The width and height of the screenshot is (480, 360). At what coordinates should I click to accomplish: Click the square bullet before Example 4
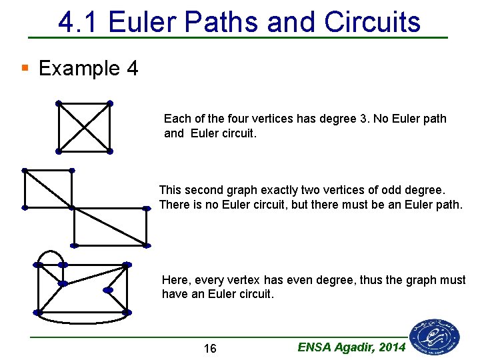[x=25, y=67]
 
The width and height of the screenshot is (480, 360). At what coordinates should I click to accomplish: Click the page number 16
[x=209, y=349]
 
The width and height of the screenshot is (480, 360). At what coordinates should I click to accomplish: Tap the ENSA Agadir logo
[x=435, y=336]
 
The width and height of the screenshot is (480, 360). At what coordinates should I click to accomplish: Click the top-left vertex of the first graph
[x=59, y=103]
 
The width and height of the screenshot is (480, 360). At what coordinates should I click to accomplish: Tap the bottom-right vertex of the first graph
[x=110, y=151]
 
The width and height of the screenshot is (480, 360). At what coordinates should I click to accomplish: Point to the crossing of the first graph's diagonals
[x=84, y=127]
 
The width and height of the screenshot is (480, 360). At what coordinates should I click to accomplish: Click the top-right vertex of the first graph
[x=110, y=103]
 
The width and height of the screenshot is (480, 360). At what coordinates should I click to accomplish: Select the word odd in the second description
[x=389, y=190]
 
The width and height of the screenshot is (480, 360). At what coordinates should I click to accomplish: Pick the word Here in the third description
[x=175, y=280]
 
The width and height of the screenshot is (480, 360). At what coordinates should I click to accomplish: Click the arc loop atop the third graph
[x=51, y=252]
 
